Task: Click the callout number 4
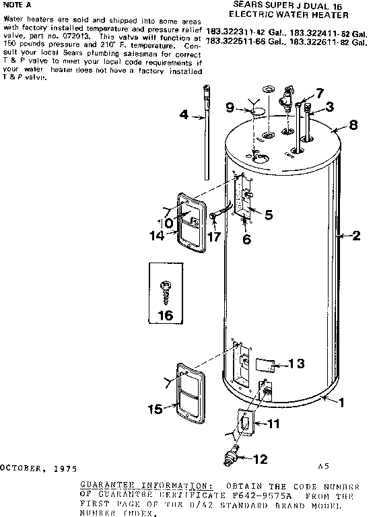point(184,114)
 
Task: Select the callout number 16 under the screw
point(164,314)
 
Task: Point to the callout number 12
point(260,460)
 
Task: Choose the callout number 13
point(297,364)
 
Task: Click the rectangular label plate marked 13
point(263,364)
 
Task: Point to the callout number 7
point(319,93)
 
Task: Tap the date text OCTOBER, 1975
point(38,467)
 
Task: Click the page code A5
point(324,465)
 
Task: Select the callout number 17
point(215,237)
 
